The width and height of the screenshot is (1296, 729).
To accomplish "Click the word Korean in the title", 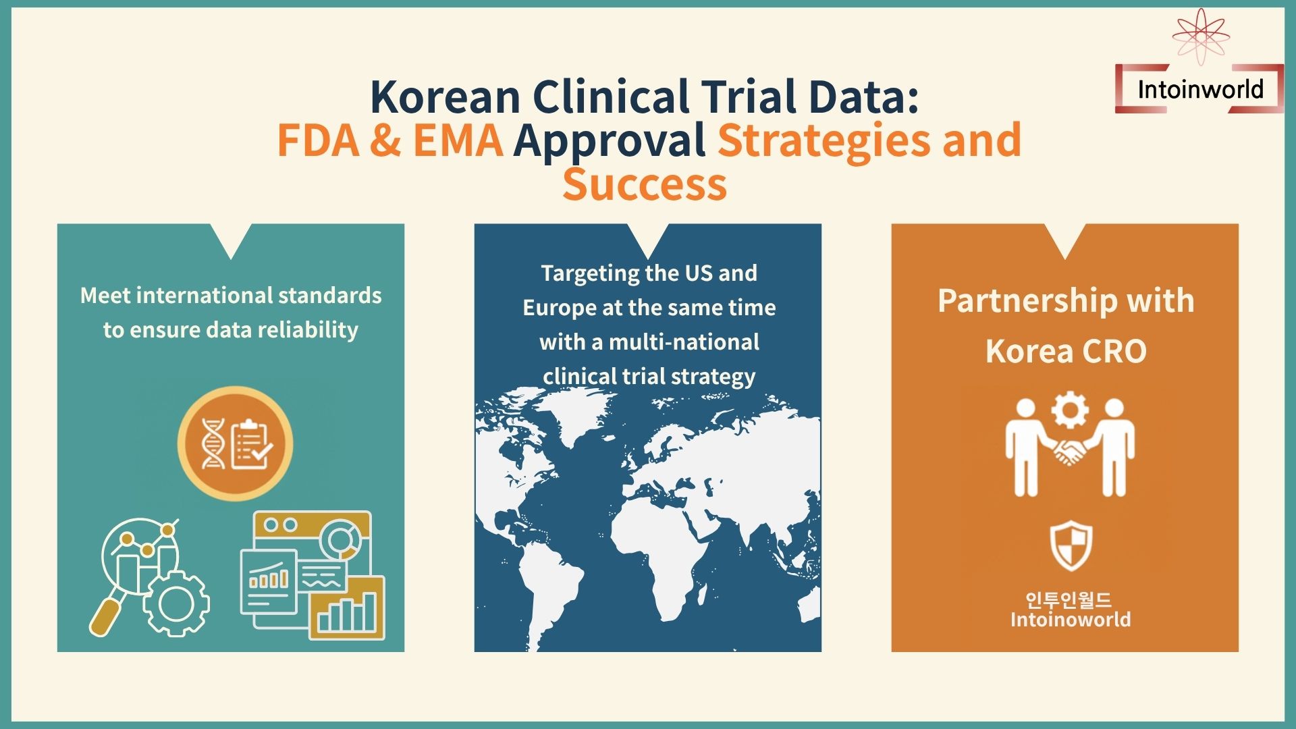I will (x=446, y=97).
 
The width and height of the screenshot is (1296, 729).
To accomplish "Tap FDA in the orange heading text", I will (x=319, y=140).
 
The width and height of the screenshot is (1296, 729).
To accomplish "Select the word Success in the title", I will (x=645, y=184).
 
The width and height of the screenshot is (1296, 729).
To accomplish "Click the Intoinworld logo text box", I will (x=1199, y=89).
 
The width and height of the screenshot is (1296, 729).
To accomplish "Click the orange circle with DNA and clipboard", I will (x=235, y=443).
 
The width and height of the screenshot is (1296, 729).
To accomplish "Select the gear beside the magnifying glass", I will (x=175, y=602).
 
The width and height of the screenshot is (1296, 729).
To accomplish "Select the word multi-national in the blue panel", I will (x=684, y=342).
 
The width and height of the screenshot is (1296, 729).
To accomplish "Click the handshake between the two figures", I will (x=1069, y=451).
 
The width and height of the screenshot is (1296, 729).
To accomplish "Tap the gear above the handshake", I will (x=1070, y=410).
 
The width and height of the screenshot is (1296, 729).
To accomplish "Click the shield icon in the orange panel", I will (x=1071, y=546).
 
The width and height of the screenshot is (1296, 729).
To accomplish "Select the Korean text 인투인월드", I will (x=1069, y=599).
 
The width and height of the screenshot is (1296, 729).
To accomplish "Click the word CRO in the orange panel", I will (x=1114, y=352).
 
